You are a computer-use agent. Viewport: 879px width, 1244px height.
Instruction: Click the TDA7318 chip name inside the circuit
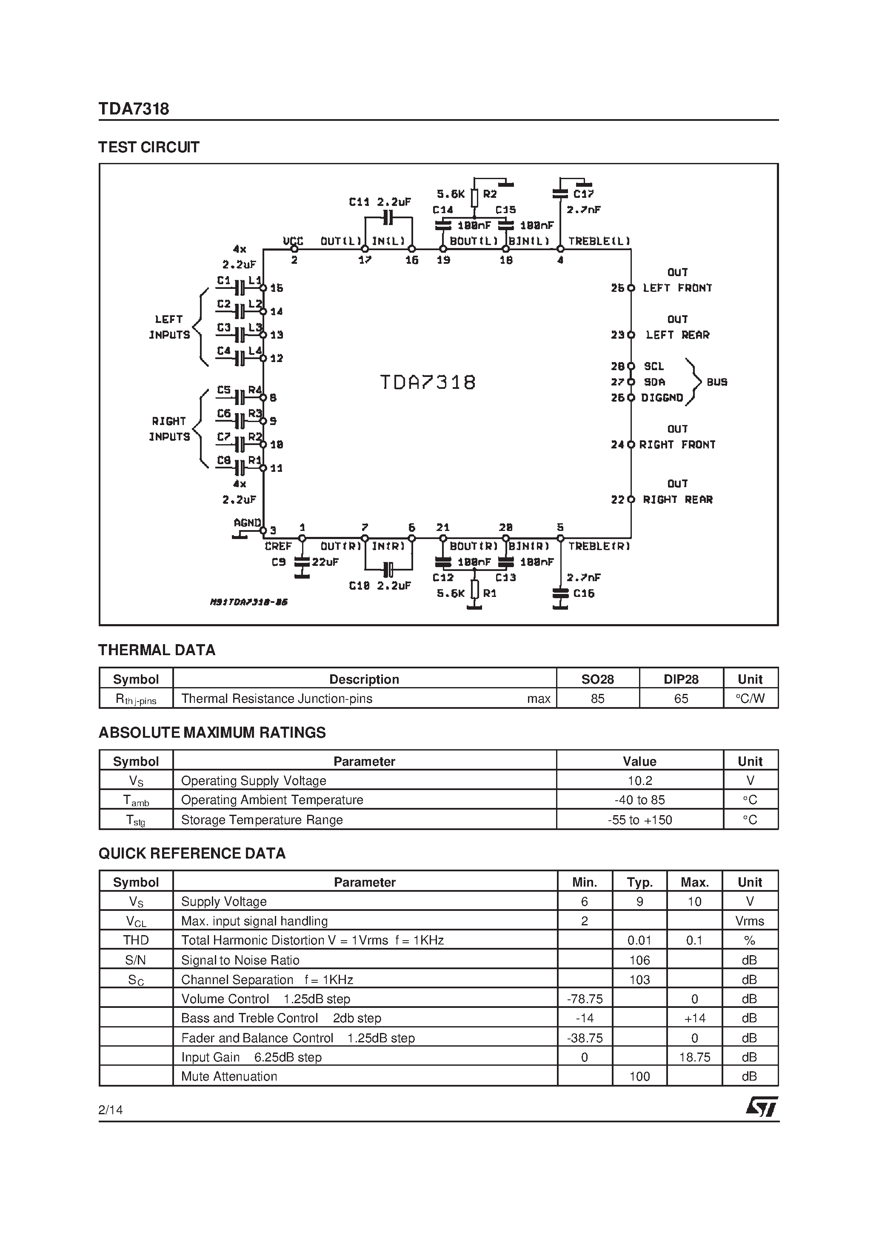(x=427, y=382)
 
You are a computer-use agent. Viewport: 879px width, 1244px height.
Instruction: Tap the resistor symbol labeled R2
(x=474, y=198)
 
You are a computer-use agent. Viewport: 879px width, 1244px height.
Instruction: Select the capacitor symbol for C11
(x=388, y=218)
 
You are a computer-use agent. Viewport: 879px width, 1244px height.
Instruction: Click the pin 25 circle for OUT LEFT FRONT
(x=631, y=288)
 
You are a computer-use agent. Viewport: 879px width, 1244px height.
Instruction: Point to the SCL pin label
(x=654, y=367)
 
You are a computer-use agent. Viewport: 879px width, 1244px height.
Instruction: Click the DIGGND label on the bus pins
(x=662, y=398)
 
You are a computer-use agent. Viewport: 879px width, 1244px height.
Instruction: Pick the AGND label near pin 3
(x=247, y=523)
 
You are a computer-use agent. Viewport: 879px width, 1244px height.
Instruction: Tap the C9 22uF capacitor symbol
(x=302, y=562)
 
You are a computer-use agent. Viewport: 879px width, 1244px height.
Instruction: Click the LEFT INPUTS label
(x=169, y=327)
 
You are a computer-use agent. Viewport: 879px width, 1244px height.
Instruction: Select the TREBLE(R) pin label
(x=599, y=546)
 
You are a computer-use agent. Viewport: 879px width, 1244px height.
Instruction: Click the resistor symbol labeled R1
(x=474, y=590)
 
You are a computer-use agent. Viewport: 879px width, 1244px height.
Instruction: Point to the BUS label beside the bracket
(x=716, y=382)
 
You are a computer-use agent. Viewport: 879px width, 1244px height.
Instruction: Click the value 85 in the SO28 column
(x=597, y=699)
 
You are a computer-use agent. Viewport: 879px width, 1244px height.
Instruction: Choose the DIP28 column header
(x=681, y=679)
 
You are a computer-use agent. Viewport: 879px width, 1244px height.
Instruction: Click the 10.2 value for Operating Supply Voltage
(x=639, y=781)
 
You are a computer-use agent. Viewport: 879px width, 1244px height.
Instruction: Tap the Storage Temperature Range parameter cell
(x=262, y=820)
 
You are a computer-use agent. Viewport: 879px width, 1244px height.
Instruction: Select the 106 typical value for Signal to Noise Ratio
(x=639, y=960)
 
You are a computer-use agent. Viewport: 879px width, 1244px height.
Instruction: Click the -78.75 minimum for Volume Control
(x=584, y=999)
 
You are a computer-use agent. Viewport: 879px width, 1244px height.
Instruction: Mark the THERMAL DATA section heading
(x=157, y=650)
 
